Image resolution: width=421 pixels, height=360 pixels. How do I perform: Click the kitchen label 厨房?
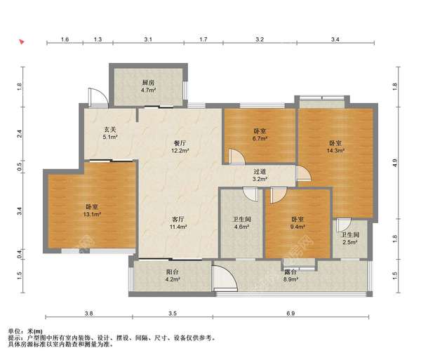148,83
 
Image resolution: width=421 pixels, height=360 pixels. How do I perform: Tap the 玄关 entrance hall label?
110,130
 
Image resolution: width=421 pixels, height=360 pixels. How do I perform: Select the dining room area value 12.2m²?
180,151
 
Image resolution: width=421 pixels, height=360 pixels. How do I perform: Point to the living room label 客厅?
178,220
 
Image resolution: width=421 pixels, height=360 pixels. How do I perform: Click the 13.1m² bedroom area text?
92,214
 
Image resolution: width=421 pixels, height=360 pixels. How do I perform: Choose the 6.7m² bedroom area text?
260,138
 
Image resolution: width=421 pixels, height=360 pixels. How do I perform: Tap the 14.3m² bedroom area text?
335,151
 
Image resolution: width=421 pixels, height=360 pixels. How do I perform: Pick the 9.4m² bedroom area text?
298,227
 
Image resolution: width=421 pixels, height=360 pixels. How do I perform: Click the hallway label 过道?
260,171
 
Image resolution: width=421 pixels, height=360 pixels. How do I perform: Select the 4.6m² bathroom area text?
241,227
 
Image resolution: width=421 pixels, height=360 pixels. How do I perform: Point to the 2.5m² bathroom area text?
350,242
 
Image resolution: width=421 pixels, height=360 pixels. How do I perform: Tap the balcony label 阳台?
173,272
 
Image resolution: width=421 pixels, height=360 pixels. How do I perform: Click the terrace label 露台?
290,272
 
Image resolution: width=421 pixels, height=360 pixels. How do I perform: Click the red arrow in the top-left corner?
22,41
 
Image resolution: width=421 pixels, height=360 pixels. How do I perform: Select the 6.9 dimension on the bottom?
290,313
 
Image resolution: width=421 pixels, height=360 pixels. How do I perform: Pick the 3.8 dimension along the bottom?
89,313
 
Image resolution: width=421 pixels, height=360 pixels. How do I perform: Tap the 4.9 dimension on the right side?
394,163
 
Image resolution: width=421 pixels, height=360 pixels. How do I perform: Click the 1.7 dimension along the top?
203,39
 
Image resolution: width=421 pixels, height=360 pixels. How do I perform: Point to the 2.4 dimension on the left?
20,133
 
